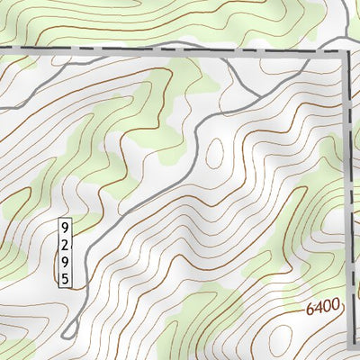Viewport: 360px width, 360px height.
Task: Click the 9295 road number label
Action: pyautogui.click(x=65, y=252)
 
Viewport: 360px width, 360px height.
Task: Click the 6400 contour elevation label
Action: pyautogui.click(x=323, y=307)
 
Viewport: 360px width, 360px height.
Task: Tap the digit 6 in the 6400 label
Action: pyautogui.click(x=310, y=309)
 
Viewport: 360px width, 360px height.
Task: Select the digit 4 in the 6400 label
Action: pyautogui.click(x=319, y=308)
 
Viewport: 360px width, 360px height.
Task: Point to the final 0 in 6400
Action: pyautogui.click(x=336, y=305)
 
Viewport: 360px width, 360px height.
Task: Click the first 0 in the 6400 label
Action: pyautogui.click(x=328, y=307)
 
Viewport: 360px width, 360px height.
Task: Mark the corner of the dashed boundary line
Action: pyautogui.click(x=345, y=53)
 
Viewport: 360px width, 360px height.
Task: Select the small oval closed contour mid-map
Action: pyautogui.click(x=216, y=155)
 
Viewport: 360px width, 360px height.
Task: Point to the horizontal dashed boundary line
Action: pyautogui.click(x=135, y=49)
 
